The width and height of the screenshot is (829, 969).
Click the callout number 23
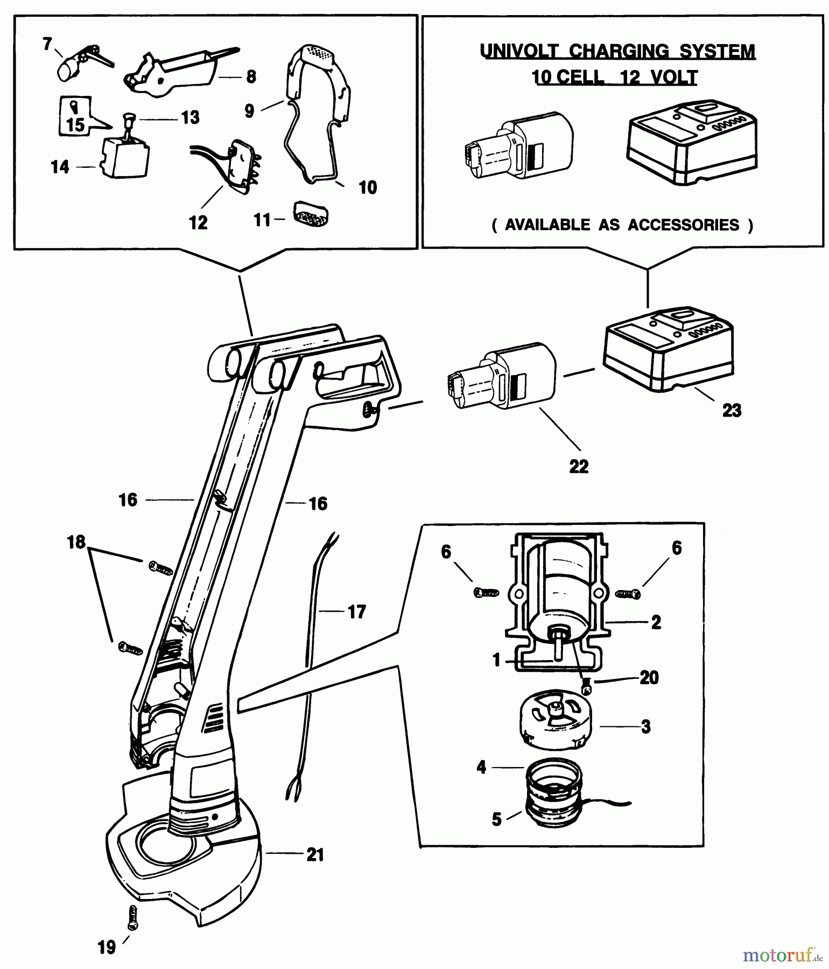(732, 411)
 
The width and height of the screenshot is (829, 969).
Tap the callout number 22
(579, 466)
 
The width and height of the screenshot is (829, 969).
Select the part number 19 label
(107, 947)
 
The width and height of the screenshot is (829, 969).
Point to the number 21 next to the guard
(315, 854)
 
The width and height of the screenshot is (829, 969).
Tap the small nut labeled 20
(588, 687)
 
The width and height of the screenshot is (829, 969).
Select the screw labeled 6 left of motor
(486, 592)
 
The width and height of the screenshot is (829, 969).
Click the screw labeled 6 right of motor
(627, 594)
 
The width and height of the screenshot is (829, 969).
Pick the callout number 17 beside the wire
(356, 612)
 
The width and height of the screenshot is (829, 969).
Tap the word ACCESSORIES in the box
(684, 225)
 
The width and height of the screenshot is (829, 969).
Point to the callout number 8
(251, 77)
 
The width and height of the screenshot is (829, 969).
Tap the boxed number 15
(75, 125)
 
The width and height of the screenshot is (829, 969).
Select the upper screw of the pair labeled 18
(159, 566)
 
